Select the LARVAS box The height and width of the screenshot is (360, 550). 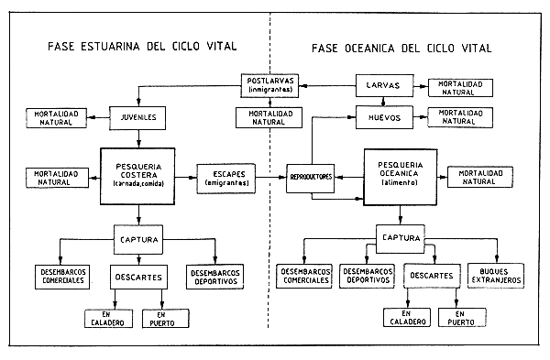point(382,87)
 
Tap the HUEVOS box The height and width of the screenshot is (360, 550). point(382,117)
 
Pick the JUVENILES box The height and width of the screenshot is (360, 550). point(139,117)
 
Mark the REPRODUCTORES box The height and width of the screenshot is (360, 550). point(310,174)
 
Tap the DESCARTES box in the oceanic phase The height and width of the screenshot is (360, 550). point(429,274)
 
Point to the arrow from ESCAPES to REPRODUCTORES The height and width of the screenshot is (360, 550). point(270,173)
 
